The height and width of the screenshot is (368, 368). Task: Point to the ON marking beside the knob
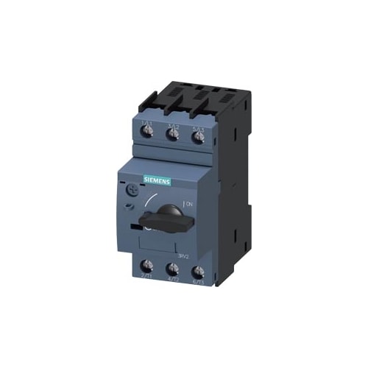tap(188, 203)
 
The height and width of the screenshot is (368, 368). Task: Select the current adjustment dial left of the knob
tap(130, 190)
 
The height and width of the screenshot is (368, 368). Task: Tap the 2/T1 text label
tap(146, 283)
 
